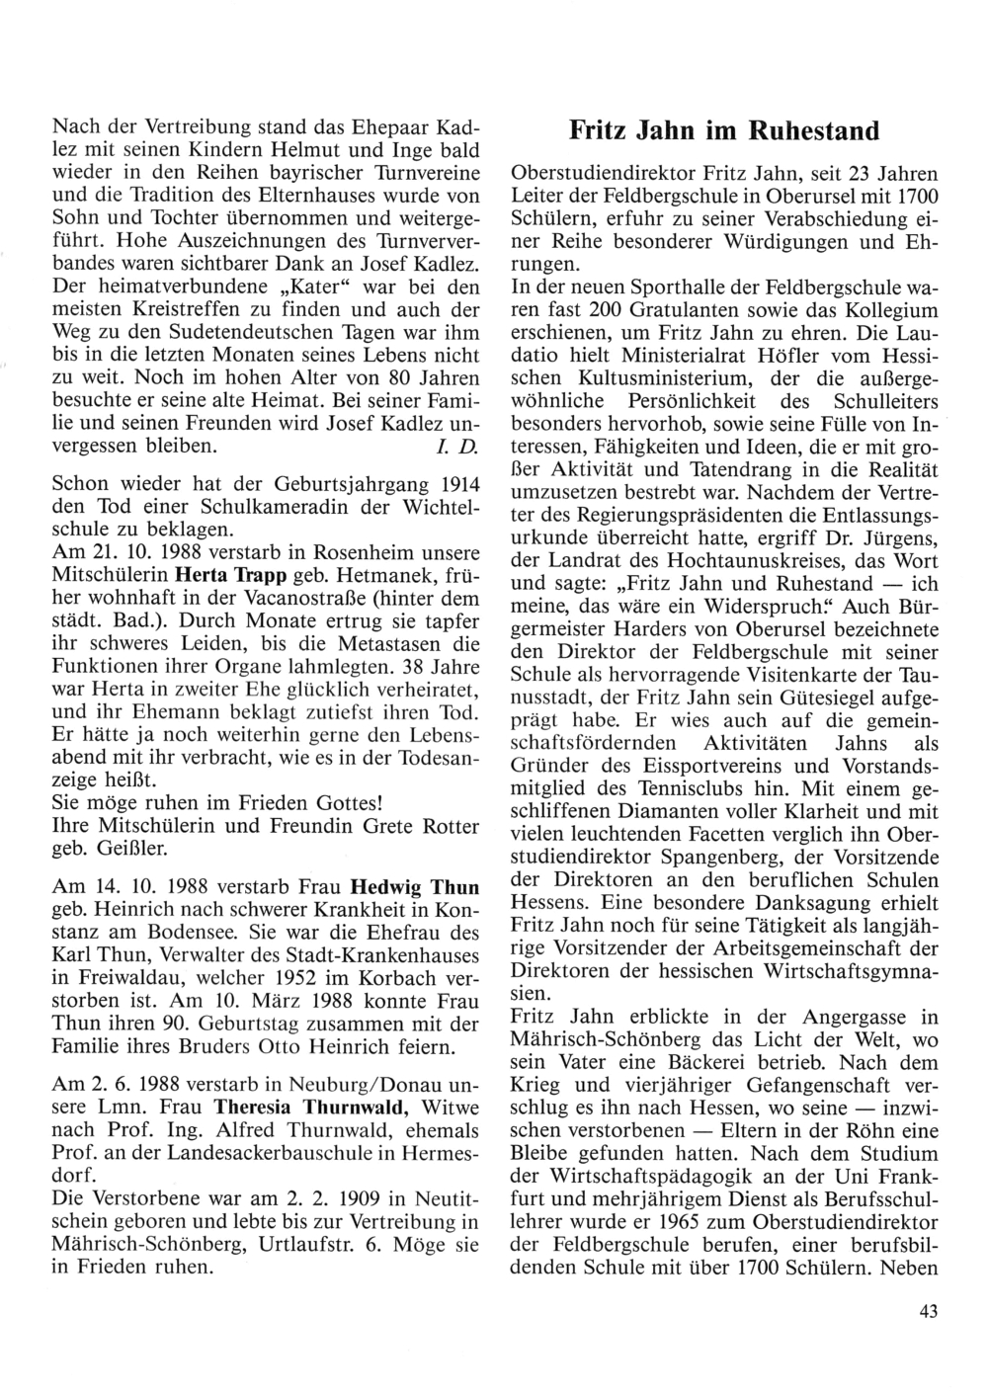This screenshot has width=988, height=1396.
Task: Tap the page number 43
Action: pyautogui.click(x=927, y=1312)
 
